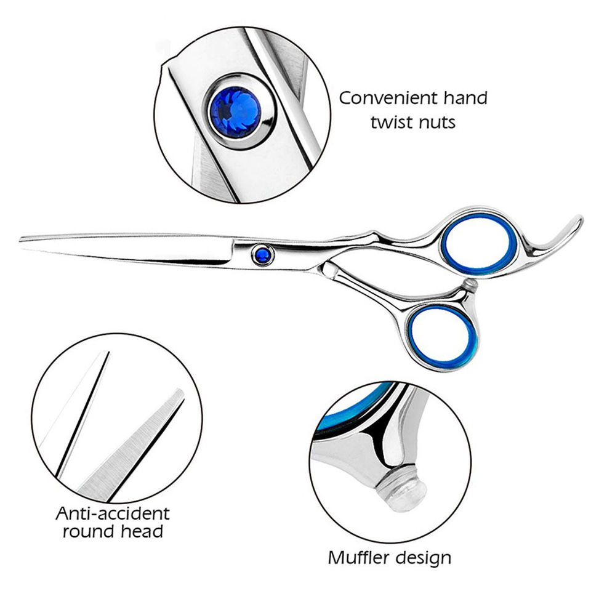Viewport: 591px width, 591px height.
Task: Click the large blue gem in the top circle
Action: pos(236,113)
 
